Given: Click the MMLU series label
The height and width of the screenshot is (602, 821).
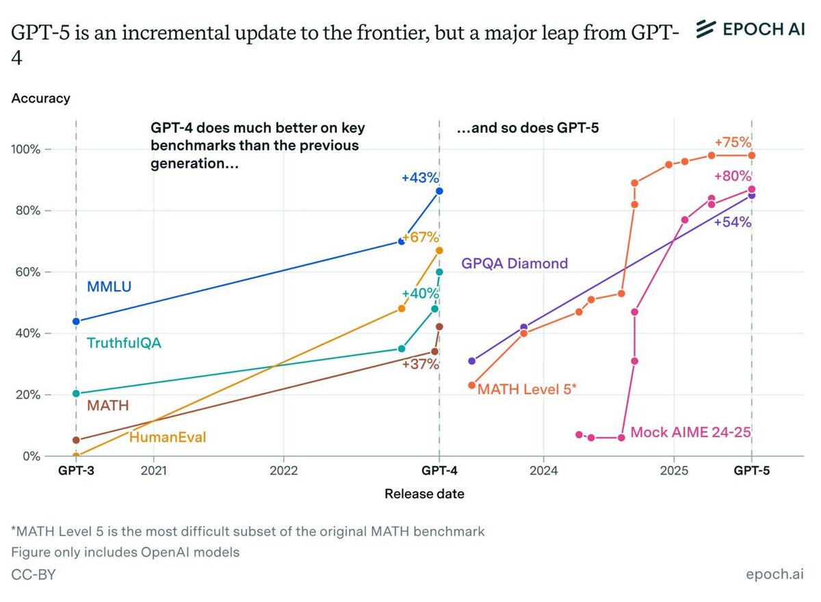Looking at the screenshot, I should point(109,287).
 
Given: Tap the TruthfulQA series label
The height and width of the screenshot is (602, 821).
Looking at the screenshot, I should point(124,343).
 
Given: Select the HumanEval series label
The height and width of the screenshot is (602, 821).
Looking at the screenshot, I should point(168,437).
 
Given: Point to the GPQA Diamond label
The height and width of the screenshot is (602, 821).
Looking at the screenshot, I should point(514,263).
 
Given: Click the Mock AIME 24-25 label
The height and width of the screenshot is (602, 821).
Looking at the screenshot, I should point(686,432).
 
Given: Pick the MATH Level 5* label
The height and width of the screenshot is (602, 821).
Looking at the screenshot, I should point(527,389).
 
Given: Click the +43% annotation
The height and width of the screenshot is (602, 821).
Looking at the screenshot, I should point(420,178).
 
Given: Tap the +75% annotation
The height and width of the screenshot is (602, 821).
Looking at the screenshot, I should point(733,143).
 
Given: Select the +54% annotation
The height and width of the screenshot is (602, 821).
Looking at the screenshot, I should point(733,222).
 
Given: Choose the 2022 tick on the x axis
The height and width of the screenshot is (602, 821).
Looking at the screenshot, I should point(283,471).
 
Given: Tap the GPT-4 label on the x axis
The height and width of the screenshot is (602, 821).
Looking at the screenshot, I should point(439,471).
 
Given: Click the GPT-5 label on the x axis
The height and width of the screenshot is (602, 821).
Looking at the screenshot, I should point(752,471).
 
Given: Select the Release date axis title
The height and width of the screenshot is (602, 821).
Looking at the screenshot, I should point(424,494).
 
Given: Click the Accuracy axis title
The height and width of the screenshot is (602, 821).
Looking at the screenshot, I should point(40,99).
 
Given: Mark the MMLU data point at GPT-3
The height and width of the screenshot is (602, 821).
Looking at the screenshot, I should point(76,321).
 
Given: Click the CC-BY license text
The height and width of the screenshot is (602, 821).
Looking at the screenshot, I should point(33,575).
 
